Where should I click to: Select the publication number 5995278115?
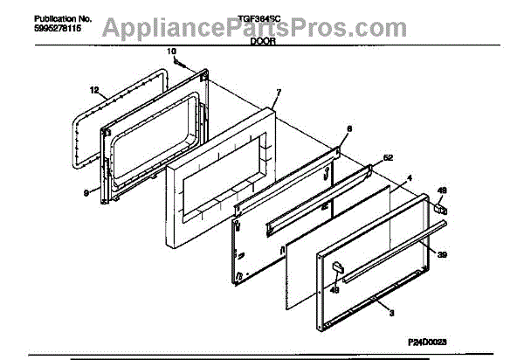(36, 28)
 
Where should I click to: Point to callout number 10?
(170, 52)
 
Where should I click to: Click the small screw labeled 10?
(178, 63)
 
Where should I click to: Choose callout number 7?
(278, 92)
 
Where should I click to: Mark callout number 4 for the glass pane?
(408, 178)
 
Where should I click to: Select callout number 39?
(442, 253)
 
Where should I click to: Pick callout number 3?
(390, 310)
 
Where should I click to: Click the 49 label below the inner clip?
(334, 291)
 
